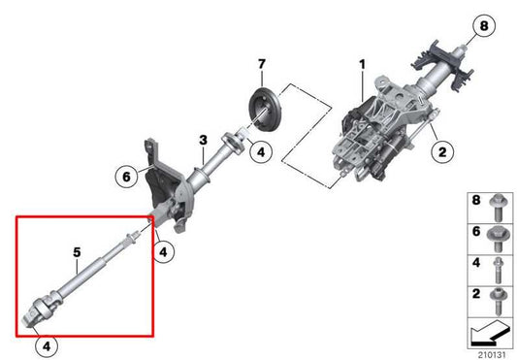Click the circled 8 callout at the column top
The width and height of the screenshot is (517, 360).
click(482, 24)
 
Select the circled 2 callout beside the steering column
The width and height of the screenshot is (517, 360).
click(441, 150)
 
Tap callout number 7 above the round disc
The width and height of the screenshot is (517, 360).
click(259, 66)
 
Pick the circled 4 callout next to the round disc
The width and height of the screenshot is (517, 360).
click(261, 150)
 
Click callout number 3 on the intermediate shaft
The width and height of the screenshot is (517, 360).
click(203, 142)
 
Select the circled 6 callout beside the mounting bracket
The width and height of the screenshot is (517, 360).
click(126, 178)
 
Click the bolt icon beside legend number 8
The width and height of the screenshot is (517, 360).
click(497, 206)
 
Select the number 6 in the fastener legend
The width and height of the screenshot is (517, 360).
click(474, 233)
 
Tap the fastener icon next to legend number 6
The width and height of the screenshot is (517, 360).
click(497, 233)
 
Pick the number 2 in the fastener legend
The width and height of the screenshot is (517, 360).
click(474, 292)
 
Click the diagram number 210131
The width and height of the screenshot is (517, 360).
click(491, 352)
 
